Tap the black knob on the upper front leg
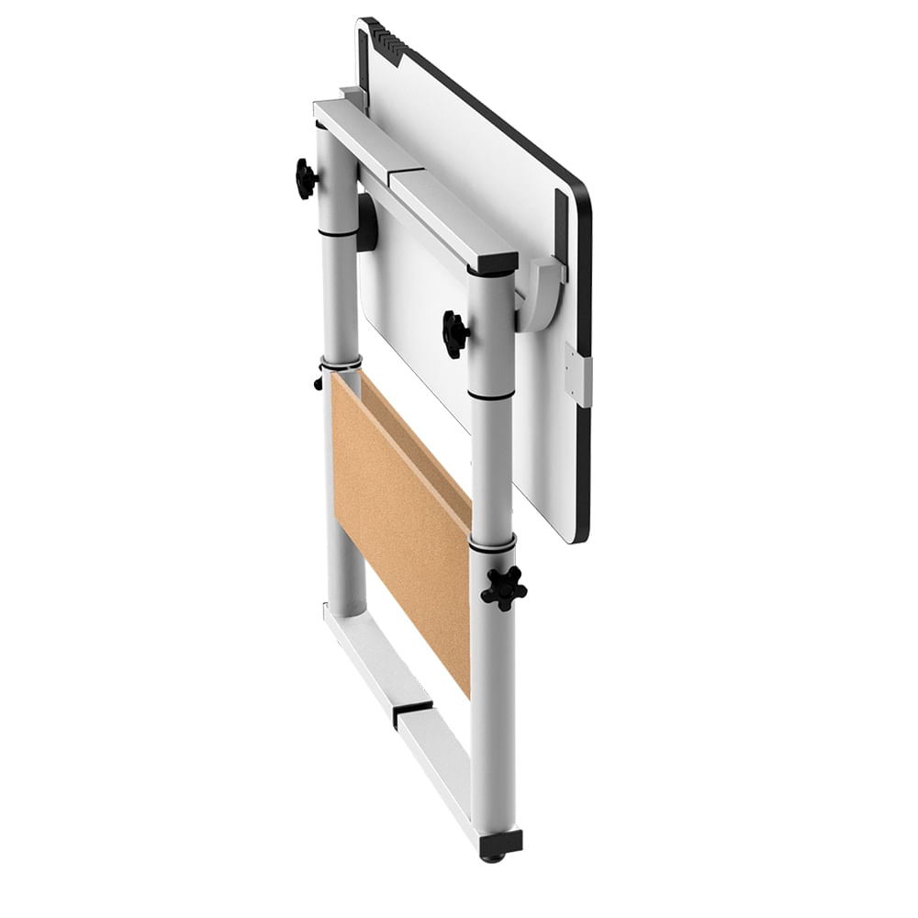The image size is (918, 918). point(455,333)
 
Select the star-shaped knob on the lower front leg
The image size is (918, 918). point(504,588)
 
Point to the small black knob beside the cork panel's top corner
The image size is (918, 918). point(319,378)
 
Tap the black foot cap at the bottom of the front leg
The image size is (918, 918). point(500,843)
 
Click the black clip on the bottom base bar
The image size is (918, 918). point(412,712)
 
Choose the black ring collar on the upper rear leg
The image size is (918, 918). point(338,232)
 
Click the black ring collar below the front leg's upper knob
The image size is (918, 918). point(492,395)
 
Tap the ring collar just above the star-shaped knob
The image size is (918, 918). point(492,545)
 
